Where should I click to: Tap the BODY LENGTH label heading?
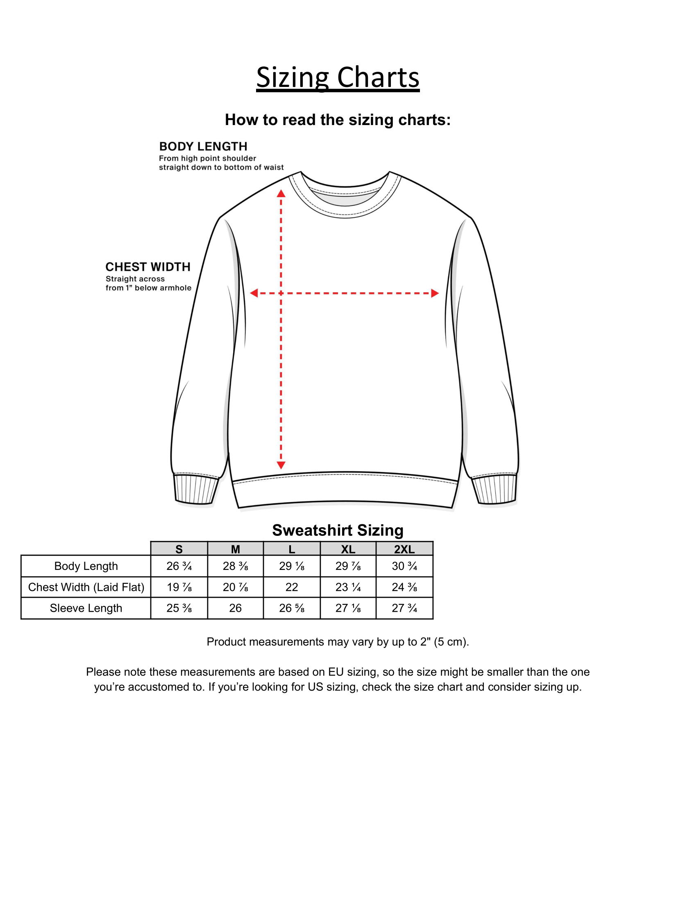(203, 146)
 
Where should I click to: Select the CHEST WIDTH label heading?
(148, 267)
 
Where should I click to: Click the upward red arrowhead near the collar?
(281, 194)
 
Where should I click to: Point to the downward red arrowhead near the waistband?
(281, 465)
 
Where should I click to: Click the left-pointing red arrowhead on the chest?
(254, 293)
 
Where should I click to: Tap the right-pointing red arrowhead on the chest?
(435, 293)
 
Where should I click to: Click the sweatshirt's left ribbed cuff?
(195, 489)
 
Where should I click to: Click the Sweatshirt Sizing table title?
(338, 530)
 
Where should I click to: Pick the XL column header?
(348, 549)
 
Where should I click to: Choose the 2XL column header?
(404, 549)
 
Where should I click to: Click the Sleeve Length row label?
(86, 608)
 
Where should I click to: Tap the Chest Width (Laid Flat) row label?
(86, 587)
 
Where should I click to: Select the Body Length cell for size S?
(179, 566)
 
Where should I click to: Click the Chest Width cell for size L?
(292, 587)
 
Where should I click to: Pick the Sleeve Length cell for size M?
(235, 608)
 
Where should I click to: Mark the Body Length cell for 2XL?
(404, 566)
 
